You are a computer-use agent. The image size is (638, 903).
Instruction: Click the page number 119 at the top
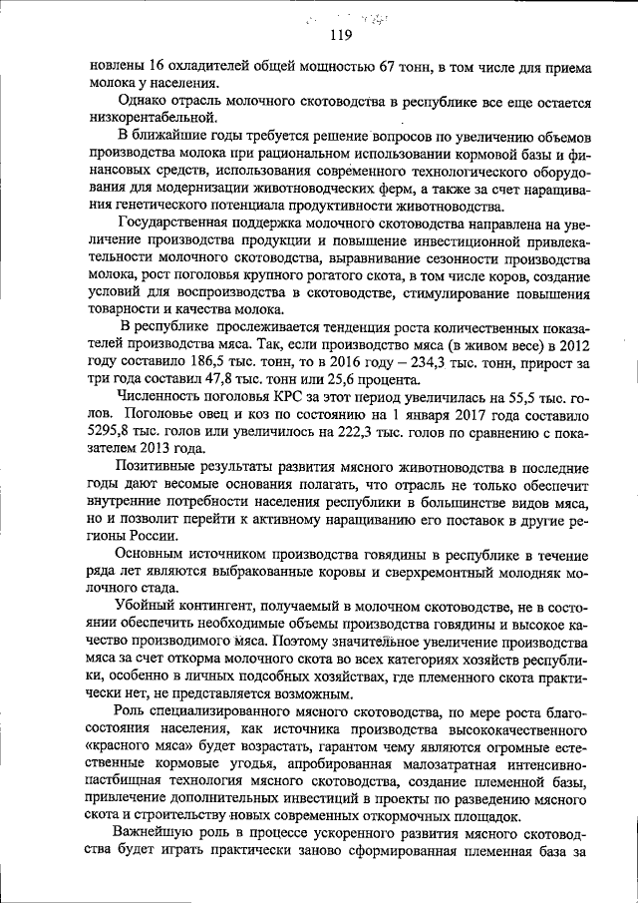(341, 36)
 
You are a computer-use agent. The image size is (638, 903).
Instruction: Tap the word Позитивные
(159, 465)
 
